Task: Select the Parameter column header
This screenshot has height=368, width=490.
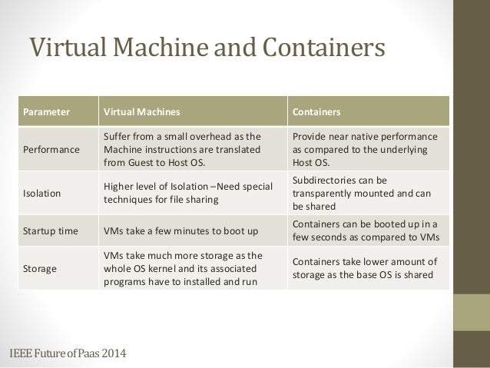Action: coord(45,112)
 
